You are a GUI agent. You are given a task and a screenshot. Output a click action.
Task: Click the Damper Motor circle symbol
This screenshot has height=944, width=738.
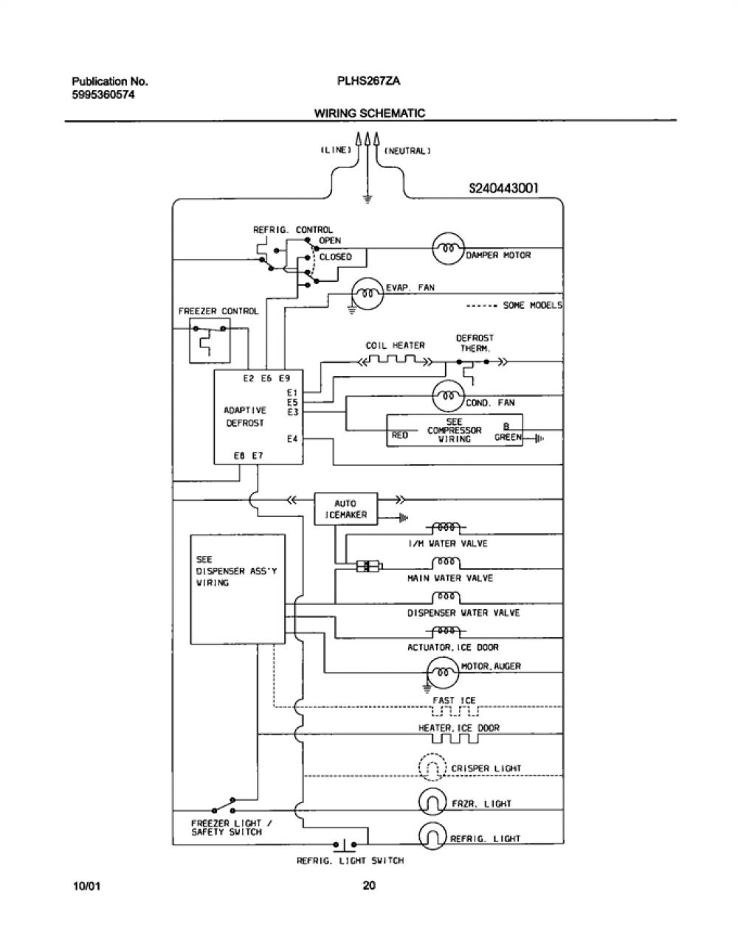coord(448,249)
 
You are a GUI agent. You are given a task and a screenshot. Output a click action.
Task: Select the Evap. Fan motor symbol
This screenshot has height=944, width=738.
coord(368,294)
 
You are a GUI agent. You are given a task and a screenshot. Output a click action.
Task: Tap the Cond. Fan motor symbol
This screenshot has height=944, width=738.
coord(449,396)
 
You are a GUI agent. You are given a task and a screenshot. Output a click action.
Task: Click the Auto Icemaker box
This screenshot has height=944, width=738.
coord(345,509)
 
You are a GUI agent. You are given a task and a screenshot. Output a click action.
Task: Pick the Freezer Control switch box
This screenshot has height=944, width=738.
coord(210,341)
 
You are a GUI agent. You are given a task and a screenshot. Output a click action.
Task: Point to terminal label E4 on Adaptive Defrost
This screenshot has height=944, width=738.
coord(292,439)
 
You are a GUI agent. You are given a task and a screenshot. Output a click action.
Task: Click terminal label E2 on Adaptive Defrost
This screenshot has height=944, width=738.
coord(248,379)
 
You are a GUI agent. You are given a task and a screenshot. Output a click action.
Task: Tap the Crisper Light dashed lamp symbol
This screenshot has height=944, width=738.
coord(432,768)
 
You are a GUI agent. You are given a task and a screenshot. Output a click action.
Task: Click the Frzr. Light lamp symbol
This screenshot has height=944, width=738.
coord(432,803)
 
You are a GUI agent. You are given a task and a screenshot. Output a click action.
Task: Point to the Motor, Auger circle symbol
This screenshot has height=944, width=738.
coord(443,673)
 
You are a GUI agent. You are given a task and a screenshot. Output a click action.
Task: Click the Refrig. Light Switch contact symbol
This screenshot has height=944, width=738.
coord(345,844)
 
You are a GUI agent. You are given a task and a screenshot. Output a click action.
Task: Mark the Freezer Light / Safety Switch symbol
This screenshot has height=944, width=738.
coord(224,806)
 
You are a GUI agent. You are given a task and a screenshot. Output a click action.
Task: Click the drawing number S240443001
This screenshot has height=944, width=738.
coord(503,188)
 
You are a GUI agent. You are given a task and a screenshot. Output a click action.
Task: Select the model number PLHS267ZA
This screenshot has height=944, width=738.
coord(368,81)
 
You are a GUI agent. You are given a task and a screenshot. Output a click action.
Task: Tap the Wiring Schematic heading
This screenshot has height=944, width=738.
coord(370,114)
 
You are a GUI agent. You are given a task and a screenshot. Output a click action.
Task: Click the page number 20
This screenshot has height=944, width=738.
coord(369,885)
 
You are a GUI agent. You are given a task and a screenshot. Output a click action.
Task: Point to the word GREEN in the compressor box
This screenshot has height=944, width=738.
coord(508,437)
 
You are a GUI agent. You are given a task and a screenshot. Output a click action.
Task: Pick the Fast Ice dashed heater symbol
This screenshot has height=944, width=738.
coord(455,711)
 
